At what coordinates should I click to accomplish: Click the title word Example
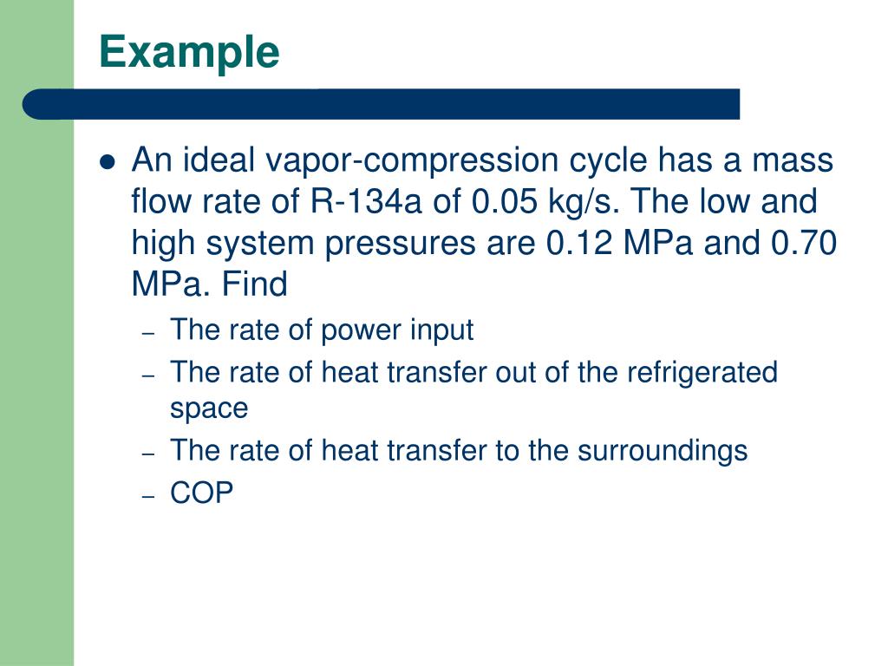[x=189, y=53]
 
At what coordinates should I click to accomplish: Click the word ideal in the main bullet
[x=222, y=161]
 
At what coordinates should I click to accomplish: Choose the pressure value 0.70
[x=803, y=244]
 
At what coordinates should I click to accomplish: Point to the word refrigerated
[x=702, y=372]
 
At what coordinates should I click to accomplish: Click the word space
[x=209, y=408]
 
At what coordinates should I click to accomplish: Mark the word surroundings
[x=663, y=450]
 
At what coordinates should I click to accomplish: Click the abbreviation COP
[x=202, y=493]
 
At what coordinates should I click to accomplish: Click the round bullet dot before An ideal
[x=108, y=162]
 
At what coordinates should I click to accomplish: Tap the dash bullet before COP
[x=148, y=495]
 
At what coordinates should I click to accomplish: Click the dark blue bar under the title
[x=382, y=104]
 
